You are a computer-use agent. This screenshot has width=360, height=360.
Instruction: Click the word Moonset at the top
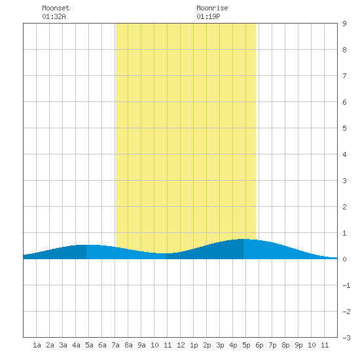(x=56, y=8)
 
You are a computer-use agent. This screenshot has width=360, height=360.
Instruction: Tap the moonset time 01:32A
(x=54, y=16)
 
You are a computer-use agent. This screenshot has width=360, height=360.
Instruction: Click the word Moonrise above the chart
(x=212, y=8)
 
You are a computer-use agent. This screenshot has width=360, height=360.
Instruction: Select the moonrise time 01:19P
(x=208, y=16)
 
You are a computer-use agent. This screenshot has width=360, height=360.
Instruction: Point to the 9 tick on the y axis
(x=344, y=24)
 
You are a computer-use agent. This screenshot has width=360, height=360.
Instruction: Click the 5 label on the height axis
(x=344, y=128)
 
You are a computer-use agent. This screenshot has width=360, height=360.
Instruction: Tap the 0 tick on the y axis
(x=344, y=259)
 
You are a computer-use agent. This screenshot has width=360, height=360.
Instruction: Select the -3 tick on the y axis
(x=346, y=338)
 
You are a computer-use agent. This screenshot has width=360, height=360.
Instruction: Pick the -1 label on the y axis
(x=346, y=285)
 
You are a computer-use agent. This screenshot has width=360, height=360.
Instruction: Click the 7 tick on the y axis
(x=344, y=76)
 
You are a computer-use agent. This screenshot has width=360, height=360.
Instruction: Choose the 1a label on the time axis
(x=37, y=345)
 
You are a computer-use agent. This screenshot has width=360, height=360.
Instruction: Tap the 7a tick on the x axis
(x=115, y=345)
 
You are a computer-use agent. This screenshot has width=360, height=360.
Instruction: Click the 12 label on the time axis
(x=181, y=345)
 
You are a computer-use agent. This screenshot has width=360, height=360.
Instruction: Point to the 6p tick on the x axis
(x=259, y=345)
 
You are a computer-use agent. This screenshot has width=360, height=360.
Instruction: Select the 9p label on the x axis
(x=298, y=345)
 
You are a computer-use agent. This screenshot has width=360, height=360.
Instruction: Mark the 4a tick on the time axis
(x=76, y=345)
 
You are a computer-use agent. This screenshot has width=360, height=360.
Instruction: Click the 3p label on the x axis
(x=220, y=345)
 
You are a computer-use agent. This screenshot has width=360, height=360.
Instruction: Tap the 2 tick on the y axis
(x=344, y=207)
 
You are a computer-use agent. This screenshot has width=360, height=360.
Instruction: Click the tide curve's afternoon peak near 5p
(x=243, y=239)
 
